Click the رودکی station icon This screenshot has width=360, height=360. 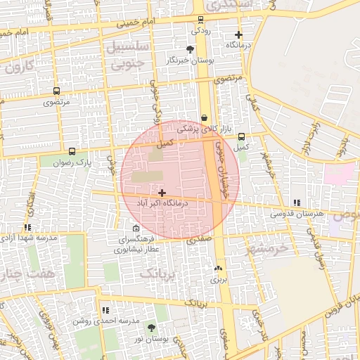pos(200,20)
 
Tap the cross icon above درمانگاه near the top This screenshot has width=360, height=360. pos(238,34)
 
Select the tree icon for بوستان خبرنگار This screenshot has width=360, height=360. pos(190,49)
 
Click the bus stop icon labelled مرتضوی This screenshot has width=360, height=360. pos(56,91)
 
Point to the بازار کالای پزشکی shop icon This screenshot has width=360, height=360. pos(204,117)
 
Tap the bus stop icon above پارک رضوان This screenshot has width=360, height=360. pos(71,151)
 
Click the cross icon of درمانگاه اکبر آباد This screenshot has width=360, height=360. pos(162,192)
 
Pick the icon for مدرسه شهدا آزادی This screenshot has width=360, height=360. pos(27,227)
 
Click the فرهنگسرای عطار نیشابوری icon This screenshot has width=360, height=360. pos(136,228)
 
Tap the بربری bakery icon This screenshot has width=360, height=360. pos(217,269)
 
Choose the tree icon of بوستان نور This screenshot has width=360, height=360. pos(151,328)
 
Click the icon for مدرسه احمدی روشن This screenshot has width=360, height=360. pos(105,309)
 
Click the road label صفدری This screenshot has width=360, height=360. pos(199,240)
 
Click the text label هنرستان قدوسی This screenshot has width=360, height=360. pos(299,212)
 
